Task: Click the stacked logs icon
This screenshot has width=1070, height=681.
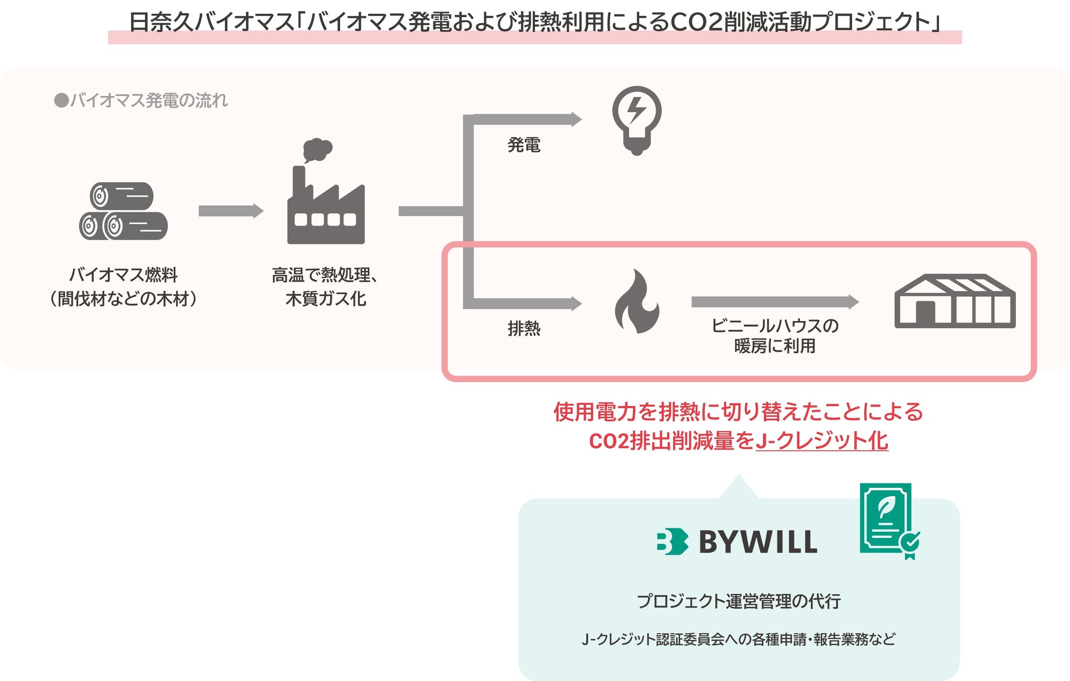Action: (123, 211)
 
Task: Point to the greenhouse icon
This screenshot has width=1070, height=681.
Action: (955, 302)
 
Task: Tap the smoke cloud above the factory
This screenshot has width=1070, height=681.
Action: (317, 149)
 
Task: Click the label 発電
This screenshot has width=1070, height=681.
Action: (524, 145)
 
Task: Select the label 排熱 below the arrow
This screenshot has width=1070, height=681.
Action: (524, 329)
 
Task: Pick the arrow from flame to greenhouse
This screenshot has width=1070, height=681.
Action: (774, 301)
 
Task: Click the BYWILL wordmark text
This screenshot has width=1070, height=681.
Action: (758, 542)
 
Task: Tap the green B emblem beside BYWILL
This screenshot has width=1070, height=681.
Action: (672, 542)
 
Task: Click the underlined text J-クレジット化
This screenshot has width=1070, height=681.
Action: (821, 441)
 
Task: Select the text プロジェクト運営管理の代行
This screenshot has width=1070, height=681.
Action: (739, 601)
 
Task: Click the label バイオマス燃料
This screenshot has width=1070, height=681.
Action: (123, 274)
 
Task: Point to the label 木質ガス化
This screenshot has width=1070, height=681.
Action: (326, 299)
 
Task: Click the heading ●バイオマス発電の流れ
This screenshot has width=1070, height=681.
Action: (141, 100)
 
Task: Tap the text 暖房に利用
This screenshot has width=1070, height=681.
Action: (774, 346)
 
